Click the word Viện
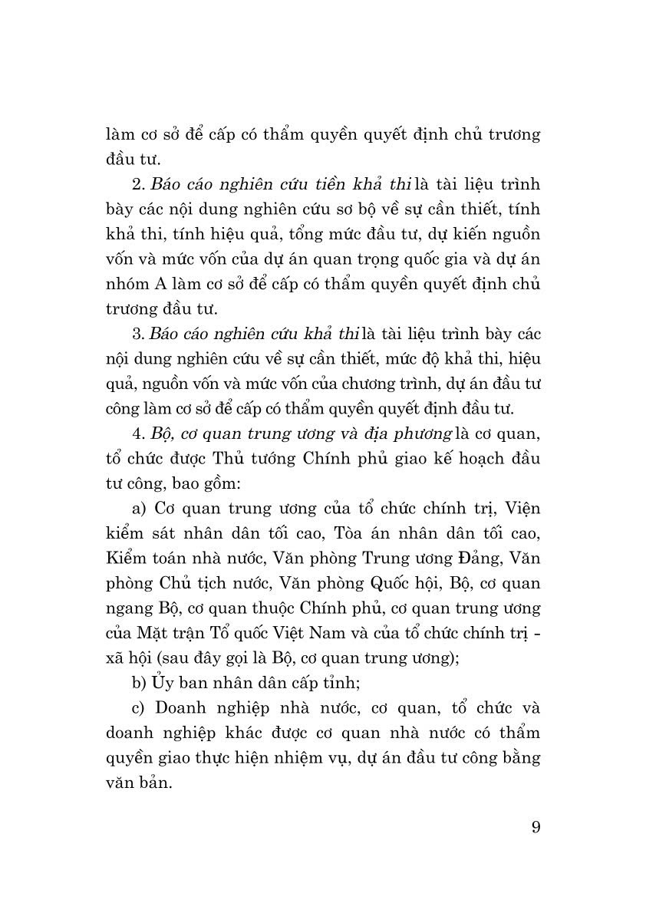coord(522,509)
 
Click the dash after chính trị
coord(537,634)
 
